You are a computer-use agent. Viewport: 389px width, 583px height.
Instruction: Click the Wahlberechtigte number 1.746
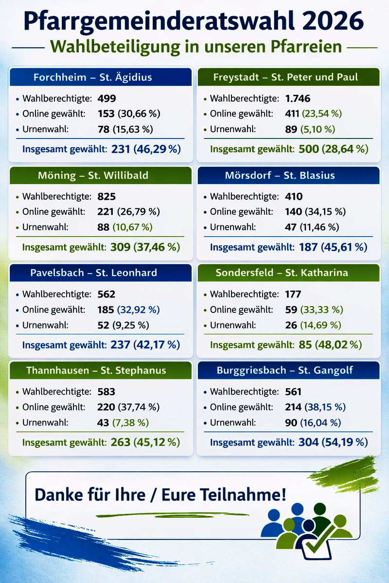[298, 99]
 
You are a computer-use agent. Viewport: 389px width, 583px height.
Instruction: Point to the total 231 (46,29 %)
[146, 149]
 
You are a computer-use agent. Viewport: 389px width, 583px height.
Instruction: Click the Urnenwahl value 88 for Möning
[103, 227]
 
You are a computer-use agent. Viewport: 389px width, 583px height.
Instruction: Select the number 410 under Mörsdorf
[294, 197]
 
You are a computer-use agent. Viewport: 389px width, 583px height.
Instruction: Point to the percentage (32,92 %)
[138, 309]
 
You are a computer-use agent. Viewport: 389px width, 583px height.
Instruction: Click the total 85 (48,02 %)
[324, 345]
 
